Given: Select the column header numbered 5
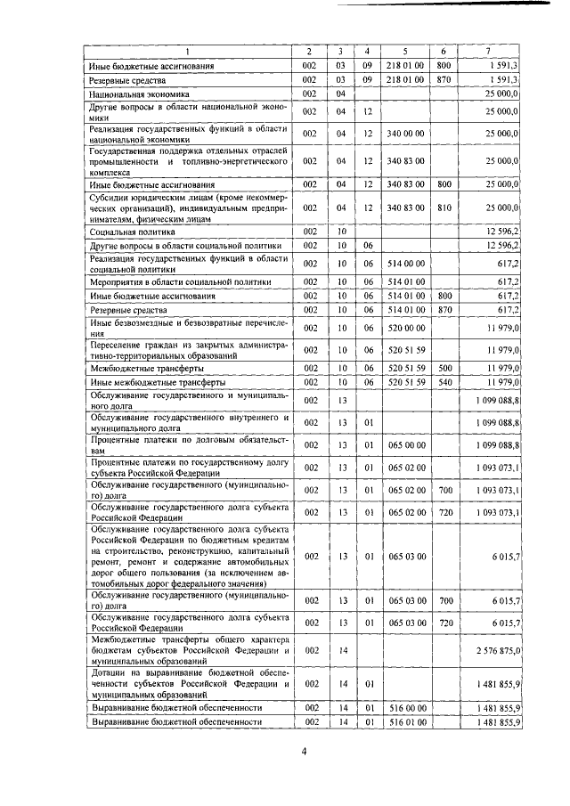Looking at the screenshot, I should [x=404, y=51].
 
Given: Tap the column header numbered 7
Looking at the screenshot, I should [x=487, y=51].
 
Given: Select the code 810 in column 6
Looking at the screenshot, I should [x=445, y=208].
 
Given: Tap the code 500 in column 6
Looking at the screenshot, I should [x=445, y=367].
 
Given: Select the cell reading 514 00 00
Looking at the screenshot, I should [x=405, y=263].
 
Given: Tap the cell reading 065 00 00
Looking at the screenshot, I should [x=405, y=444].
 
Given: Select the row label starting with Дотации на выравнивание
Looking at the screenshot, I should [x=187, y=684].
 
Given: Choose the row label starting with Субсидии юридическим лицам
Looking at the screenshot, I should [x=187, y=208].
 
